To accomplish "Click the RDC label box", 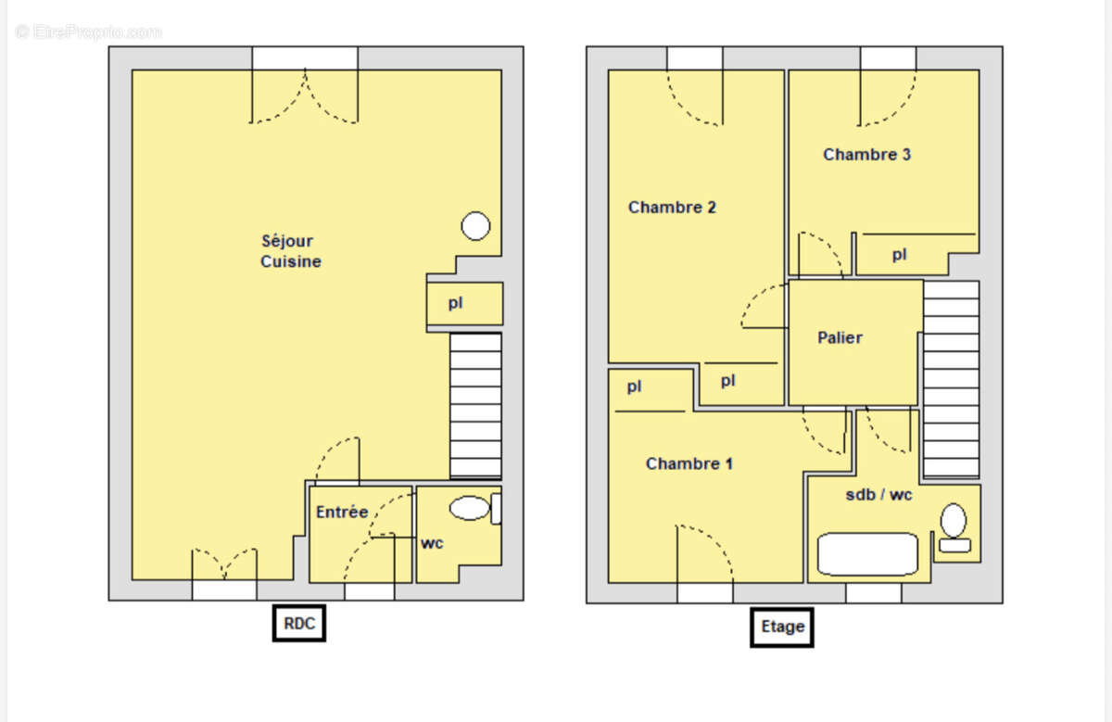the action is [x=298, y=623].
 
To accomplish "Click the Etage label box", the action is [x=782, y=627].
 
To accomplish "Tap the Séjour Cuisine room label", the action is [x=291, y=251].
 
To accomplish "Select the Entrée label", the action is [x=342, y=512].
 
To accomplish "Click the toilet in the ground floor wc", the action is [x=475, y=508].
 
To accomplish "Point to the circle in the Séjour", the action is [x=475, y=226].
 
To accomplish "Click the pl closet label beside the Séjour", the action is [x=456, y=303].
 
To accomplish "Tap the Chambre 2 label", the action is [x=672, y=207].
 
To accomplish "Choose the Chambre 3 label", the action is [x=866, y=155].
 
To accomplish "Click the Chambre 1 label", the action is [x=689, y=463].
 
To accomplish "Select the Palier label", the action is [x=840, y=337].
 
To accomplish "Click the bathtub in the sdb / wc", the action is [x=867, y=554].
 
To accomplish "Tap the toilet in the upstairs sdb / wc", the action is [x=954, y=528].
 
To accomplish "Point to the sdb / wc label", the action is [x=878, y=495].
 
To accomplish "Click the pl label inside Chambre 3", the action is [x=900, y=255].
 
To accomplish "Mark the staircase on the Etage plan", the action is [x=951, y=380].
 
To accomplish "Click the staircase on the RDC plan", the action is [x=475, y=406].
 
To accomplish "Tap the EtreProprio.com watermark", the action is [x=88, y=32].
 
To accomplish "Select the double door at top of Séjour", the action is [x=304, y=95].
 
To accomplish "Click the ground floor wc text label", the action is [x=432, y=543].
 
